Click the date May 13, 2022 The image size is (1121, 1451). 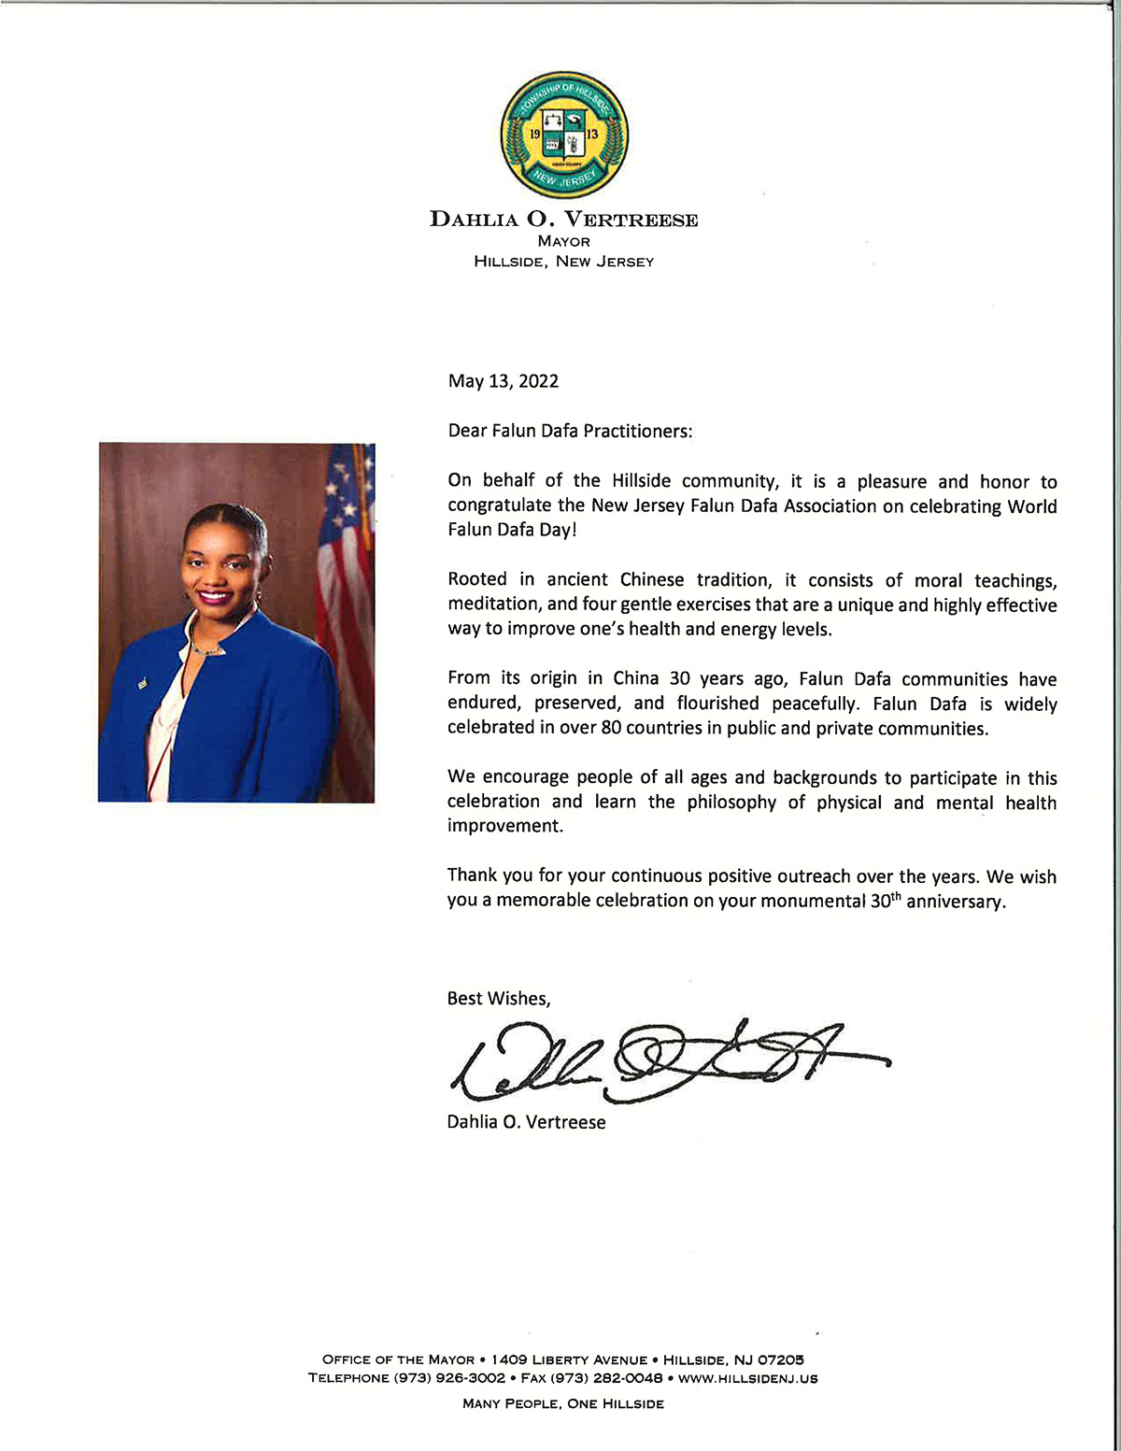[503, 381]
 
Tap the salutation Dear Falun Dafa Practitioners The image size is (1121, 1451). [570, 431]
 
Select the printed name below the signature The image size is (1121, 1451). [526, 1122]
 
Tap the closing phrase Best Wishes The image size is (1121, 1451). [499, 999]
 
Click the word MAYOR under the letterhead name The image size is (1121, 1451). [563, 241]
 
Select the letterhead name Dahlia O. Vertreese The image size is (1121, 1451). [563, 220]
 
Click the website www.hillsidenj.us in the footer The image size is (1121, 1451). [747, 1378]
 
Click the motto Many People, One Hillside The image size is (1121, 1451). [563, 1403]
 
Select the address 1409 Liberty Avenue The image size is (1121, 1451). [569, 1359]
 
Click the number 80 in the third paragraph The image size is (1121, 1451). [611, 729]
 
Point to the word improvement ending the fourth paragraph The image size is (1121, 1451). [504, 826]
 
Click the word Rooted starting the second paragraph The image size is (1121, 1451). [477, 580]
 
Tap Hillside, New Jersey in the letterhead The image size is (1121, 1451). [563, 262]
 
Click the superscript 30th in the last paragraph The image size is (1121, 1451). [885, 900]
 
